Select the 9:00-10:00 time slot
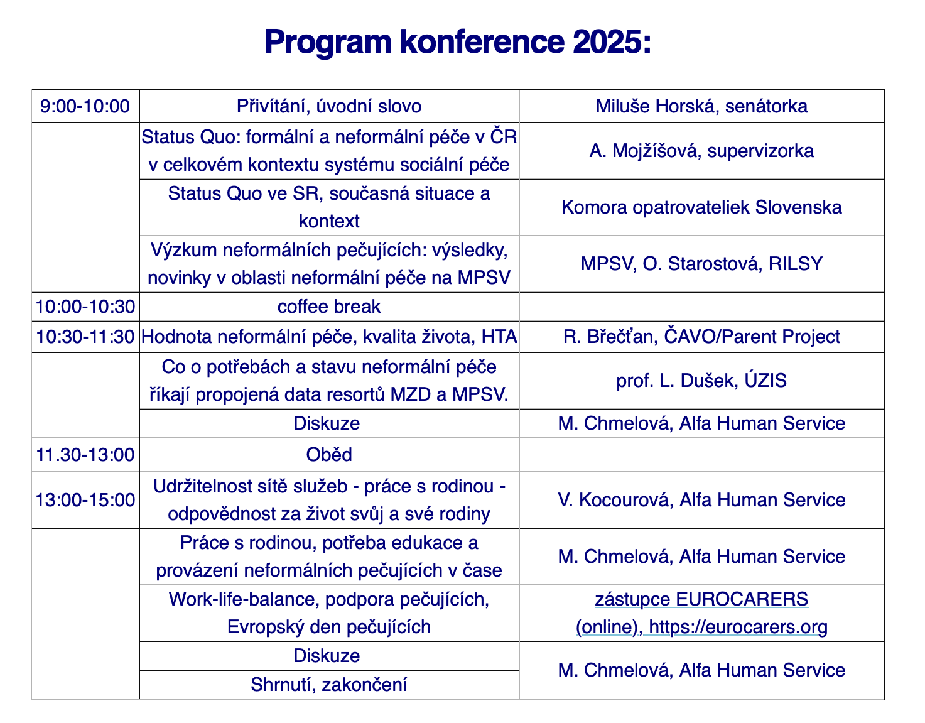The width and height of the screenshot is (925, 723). tap(85, 106)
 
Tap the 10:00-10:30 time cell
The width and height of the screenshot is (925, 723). tap(85, 307)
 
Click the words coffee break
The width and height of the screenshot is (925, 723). tap(329, 307)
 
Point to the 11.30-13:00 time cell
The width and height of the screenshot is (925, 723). tap(85, 455)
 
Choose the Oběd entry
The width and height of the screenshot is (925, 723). tap(329, 455)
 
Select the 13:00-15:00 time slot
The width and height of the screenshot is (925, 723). tap(85, 500)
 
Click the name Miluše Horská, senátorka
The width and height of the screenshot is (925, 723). tap(701, 106)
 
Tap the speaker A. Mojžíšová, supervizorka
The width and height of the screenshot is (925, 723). tap(701, 151)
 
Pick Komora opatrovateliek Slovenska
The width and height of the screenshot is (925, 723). tap(701, 207)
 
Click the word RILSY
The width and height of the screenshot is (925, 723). tap(796, 264)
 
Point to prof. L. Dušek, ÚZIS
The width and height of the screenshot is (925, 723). tap(701, 380)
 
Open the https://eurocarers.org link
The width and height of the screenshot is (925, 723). tap(738, 627)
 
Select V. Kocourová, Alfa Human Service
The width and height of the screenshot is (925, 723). tap(701, 500)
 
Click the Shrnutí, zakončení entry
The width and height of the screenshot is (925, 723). tap(329, 685)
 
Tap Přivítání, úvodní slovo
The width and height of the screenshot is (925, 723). tap(329, 106)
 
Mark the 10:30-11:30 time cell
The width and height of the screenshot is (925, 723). tap(85, 337)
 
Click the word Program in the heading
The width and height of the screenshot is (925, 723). tap(328, 43)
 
